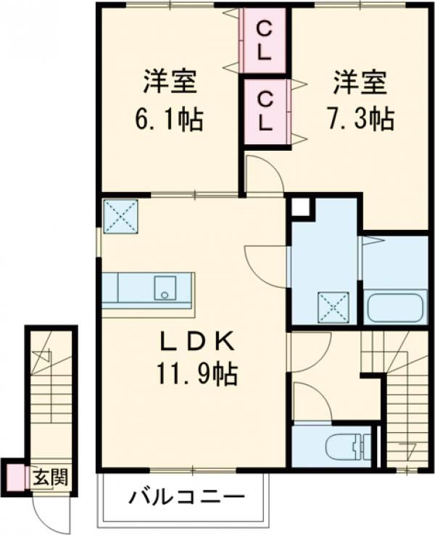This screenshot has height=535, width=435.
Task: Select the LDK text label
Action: pos(194,340)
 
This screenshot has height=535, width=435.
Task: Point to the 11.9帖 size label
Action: pos(194,375)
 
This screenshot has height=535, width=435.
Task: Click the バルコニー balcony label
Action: pos(187,498)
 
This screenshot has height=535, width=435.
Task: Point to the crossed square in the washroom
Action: pos(333,307)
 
